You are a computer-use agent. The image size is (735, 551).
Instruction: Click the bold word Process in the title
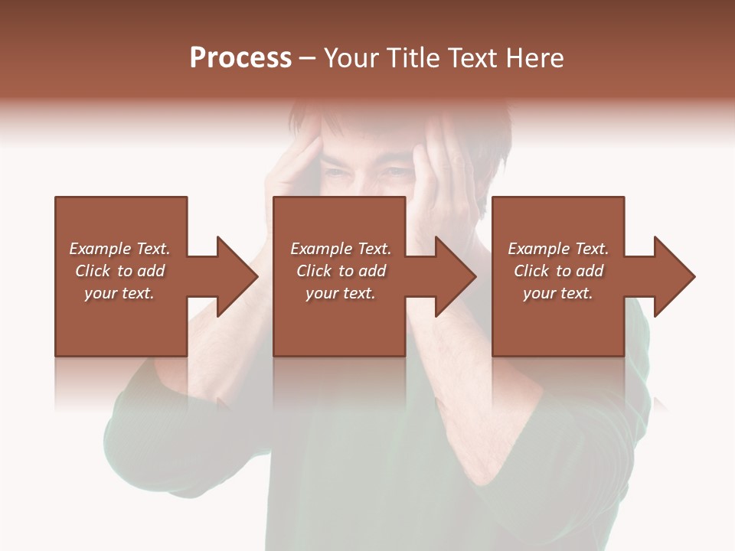click(x=240, y=58)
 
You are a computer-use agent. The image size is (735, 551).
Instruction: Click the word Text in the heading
click(x=472, y=58)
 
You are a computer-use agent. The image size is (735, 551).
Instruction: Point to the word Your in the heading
click(x=350, y=58)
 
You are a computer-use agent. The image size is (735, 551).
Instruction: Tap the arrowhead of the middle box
click(x=455, y=276)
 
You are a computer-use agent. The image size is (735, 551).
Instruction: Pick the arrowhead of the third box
click(x=674, y=276)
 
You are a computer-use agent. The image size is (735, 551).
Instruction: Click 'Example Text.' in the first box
click(x=119, y=249)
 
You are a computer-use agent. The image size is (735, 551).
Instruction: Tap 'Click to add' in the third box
click(x=558, y=271)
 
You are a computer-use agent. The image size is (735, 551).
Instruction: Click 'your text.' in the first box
click(x=119, y=293)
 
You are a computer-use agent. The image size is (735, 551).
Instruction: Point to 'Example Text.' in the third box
click(x=558, y=249)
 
